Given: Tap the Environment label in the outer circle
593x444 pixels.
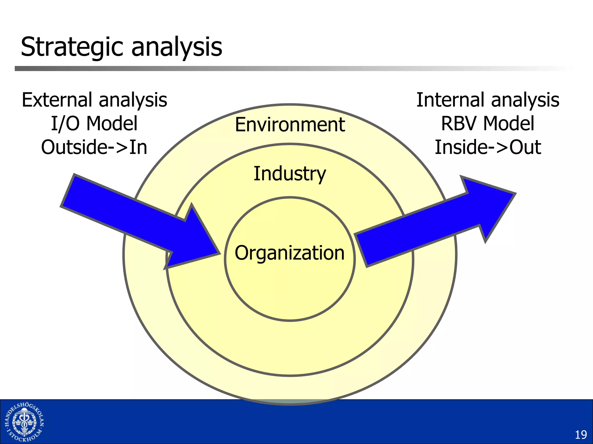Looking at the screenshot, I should [290, 125].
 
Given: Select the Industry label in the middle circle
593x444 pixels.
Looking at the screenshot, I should [290, 174].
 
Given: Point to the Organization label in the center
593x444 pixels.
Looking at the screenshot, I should [290, 253].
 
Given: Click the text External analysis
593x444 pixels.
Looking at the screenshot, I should [94, 100].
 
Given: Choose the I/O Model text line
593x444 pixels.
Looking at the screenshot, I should [94, 124].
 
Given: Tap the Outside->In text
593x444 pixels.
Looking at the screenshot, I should [94, 147].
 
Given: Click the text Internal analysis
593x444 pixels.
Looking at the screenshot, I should [488, 100].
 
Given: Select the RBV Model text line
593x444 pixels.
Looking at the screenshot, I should [488, 124].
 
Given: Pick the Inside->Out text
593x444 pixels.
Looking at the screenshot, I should [488, 147].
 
